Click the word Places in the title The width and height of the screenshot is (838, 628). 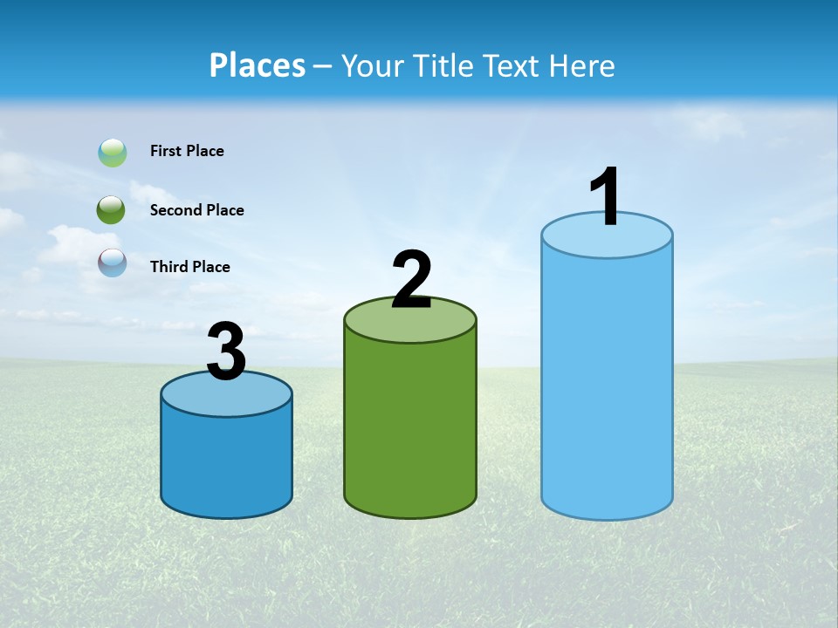[257, 65]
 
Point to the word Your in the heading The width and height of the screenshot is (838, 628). [373, 65]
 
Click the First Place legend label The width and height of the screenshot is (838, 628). [187, 151]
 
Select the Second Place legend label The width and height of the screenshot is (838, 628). [196, 210]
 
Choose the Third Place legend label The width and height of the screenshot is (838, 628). [189, 267]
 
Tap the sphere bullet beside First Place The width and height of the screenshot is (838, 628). [113, 153]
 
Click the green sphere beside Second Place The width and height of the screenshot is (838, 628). [112, 210]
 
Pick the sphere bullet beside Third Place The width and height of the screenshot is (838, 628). [113, 263]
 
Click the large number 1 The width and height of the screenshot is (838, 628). [605, 198]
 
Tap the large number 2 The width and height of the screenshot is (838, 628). [411, 280]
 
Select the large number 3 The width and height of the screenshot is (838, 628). [226, 352]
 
